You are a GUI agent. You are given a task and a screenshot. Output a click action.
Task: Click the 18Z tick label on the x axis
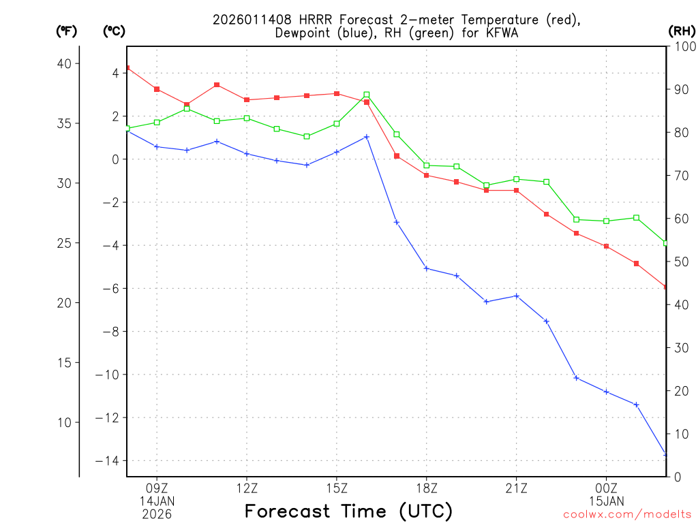click(426, 488)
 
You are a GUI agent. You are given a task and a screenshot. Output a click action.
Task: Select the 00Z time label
click(606, 488)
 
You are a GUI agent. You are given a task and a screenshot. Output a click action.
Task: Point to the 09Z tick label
click(157, 488)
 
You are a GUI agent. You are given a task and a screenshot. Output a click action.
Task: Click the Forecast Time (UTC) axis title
click(348, 511)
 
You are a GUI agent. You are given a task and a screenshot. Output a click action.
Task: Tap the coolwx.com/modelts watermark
click(627, 515)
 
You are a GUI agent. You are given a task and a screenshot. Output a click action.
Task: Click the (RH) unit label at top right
click(682, 31)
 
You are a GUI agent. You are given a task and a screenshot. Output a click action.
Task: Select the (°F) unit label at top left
click(66, 31)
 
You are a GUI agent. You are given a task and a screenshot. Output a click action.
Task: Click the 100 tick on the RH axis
click(682, 46)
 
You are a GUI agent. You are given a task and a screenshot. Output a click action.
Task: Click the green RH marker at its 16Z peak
click(367, 95)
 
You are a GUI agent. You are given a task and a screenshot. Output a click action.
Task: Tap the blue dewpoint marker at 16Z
click(367, 137)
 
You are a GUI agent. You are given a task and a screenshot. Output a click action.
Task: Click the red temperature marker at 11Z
click(217, 85)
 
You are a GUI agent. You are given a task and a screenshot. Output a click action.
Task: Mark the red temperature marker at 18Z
click(426, 175)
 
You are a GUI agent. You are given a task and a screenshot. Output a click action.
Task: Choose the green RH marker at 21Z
click(516, 179)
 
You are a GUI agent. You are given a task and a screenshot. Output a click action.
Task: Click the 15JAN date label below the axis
click(606, 501)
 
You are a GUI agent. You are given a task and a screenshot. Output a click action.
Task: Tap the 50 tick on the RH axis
click(679, 261)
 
